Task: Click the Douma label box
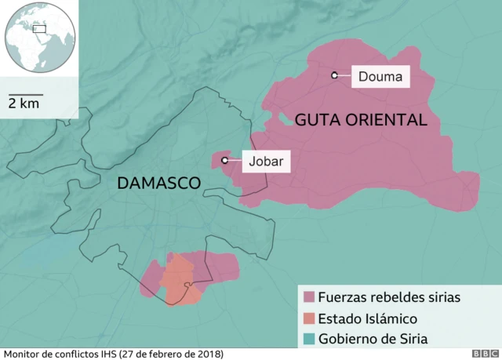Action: click(x=380, y=76)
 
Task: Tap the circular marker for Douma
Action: click(x=334, y=75)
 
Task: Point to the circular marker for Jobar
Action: click(x=225, y=160)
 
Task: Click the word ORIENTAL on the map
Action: click(x=390, y=119)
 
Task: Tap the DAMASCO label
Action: click(x=158, y=183)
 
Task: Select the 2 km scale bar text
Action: click(x=24, y=104)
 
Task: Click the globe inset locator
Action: click(x=38, y=38)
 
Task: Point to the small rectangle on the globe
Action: click(x=39, y=28)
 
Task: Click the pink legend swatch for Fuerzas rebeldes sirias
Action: click(x=308, y=298)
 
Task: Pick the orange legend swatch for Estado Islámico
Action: click(x=308, y=318)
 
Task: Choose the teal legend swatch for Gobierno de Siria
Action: click(x=308, y=339)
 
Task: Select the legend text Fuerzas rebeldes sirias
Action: click(x=389, y=298)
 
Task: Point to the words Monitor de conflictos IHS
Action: click(x=59, y=354)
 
